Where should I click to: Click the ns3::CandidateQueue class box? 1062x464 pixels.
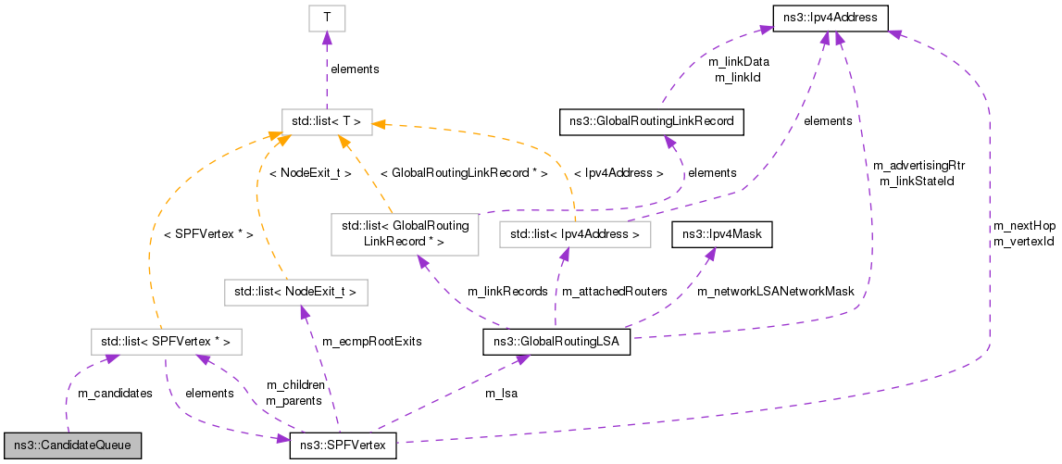72,445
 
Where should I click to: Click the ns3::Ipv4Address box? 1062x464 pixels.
831,17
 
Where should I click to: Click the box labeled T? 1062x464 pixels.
326,17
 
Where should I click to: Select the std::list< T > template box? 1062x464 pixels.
327,120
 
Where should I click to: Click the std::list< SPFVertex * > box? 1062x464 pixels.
166,342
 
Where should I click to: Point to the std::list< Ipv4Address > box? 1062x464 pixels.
574,235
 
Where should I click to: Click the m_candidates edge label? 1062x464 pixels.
115,394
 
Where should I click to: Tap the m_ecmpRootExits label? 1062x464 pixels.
371,342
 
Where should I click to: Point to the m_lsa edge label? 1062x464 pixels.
502,394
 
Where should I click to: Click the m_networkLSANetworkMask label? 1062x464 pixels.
775,292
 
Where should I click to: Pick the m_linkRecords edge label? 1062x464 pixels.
507,292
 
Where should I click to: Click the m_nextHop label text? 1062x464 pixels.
1024,225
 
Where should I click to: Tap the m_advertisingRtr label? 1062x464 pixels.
919,165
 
